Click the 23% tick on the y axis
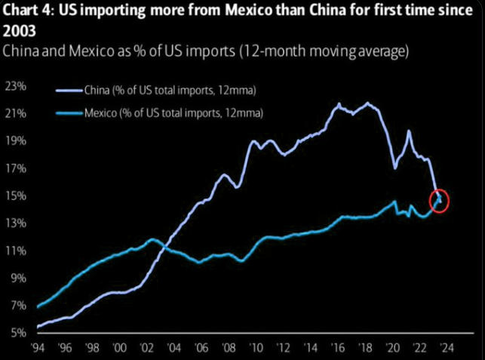click(14, 86)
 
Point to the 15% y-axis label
click(14, 196)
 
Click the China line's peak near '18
click(368, 103)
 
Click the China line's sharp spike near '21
click(409, 131)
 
